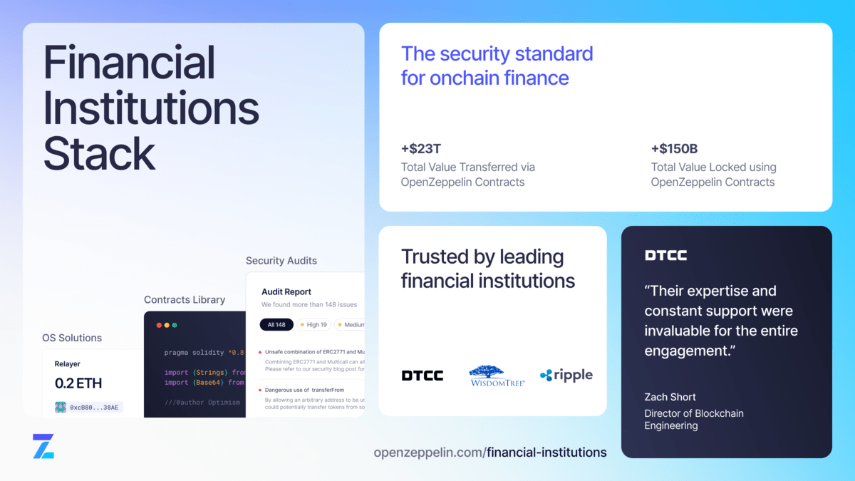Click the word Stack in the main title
[100, 153]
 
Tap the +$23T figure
[421, 149]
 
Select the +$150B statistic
[674, 149]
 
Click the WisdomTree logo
[497, 376]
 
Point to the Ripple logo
[566, 375]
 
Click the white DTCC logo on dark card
[665, 255]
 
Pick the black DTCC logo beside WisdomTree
[422, 376]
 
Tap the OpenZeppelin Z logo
[43, 445]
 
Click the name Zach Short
[670, 397]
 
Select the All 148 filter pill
[276, 324]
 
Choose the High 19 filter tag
[312, 324]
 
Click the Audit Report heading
[286, 291]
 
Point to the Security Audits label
[281, 261]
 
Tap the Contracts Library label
[185, 300]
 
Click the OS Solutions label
[72, 338]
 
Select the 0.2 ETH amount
[78, 383]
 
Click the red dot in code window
[159, 325]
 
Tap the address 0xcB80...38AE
[94, 408]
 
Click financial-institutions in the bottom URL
[546, 452]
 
